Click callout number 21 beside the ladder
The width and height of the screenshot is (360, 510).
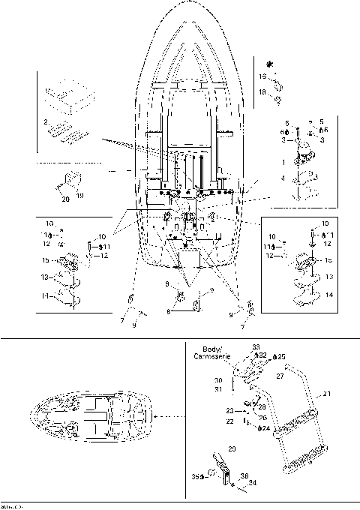tap(326, 394)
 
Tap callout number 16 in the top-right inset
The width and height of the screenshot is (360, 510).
tap(263, 76)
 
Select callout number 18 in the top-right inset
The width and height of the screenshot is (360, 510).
tap(263, 91)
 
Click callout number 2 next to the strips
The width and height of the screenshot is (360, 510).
tap(46, 121)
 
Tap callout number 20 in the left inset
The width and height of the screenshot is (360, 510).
tap(64, 199)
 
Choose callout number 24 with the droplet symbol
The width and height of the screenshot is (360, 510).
tap(266, 428)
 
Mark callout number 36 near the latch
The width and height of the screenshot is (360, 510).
tap(244, 475)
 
